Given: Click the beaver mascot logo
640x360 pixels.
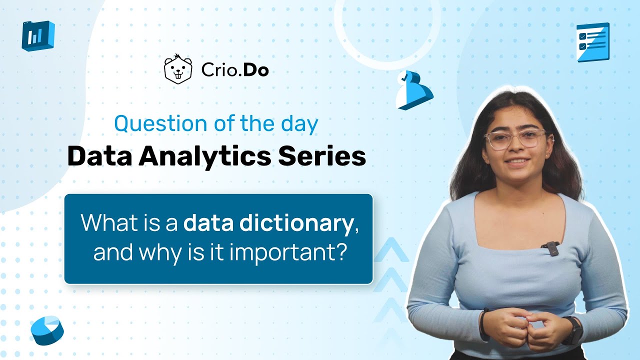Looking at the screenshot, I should coord(178,69).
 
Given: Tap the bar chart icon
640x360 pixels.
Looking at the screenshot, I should coord(37,35).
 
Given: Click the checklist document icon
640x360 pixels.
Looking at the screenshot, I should coord(592,42).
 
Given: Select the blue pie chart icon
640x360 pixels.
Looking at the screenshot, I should coord(47,330).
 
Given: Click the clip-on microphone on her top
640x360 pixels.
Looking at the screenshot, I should coord(550,248).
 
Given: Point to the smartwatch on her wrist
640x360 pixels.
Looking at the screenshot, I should coord(574,329).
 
